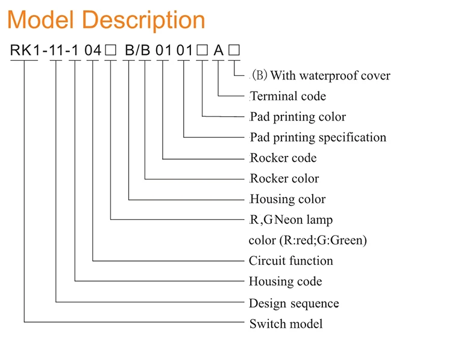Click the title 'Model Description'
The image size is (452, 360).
point(106,20)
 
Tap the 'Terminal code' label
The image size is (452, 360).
point(288,96)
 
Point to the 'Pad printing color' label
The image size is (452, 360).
point(298,117)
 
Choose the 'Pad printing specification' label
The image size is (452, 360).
point(318,137)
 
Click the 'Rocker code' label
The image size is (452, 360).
point(283,158)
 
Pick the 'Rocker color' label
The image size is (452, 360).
point(284,179)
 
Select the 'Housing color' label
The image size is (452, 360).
point(287,199)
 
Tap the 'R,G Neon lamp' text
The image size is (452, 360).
point(291,220)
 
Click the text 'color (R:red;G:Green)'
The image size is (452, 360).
point(308,240)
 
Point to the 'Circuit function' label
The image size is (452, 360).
point(291,261)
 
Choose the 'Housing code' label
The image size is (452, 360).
point(286,281)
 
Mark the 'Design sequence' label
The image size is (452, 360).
point(294,303)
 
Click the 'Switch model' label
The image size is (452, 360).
point(286,324)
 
